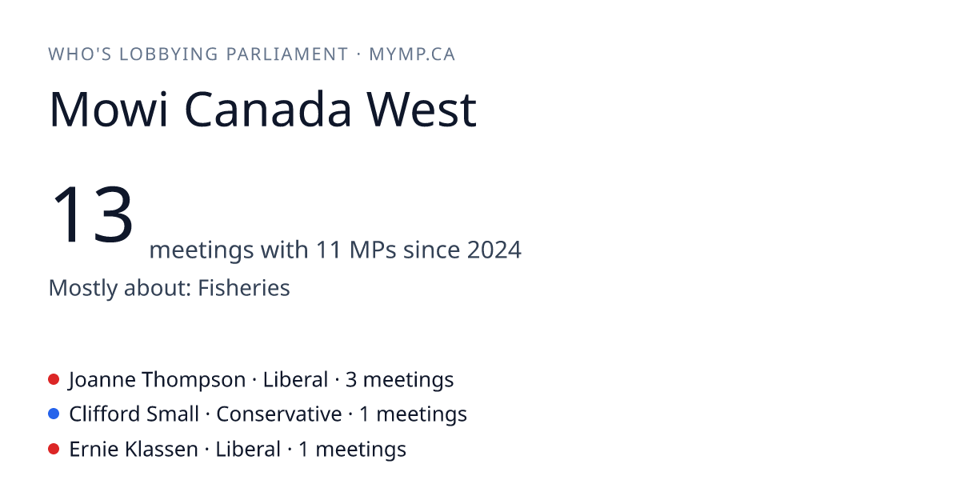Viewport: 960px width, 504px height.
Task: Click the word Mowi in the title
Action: tap(109, 110)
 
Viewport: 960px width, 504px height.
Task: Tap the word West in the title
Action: tap(422, 110)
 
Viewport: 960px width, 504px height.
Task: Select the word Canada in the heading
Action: tap(268, 110)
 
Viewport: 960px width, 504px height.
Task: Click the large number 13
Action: tap(92, 214)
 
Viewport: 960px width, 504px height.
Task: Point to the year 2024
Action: tap(494, 250)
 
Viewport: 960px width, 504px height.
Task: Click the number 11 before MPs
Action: tap(329, 250)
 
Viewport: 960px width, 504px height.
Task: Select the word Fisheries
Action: tap(244, 287)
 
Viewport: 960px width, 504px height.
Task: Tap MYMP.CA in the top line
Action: tap(412, 54)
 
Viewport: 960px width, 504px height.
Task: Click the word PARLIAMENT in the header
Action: tap(286, 54)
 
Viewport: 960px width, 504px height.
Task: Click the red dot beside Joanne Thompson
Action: tap(54, 379)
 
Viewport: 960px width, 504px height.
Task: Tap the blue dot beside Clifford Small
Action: tap(54, 414)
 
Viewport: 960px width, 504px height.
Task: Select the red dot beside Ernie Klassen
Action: tap(54, 449)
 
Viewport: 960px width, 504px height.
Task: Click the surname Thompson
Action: tap(194, 380)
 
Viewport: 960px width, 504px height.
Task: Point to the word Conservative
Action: tap(279, 414)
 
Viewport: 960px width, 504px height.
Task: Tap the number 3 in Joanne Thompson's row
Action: tap(351, 380)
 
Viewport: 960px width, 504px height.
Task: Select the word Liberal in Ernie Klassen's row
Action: tap(248, 449)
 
